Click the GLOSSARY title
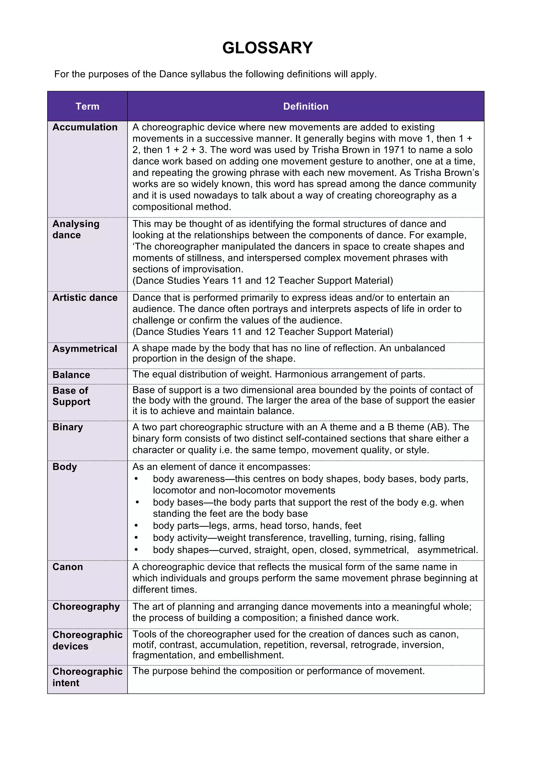(x=267, y=48)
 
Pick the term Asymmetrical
(x=85, y=349)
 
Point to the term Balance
(x=71, y=375)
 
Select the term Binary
(x=68, y=427)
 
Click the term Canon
(x=68, y=567)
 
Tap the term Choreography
(x=86, y=607)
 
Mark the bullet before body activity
(x=136, y=538)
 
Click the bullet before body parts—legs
(x=136, y=526)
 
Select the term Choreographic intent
(x=87, y=677)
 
